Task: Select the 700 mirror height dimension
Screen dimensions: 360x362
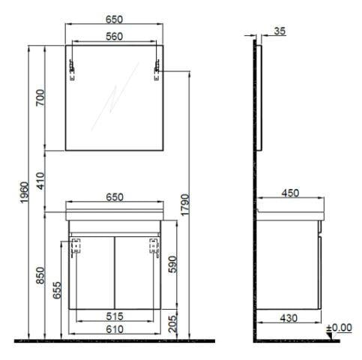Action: (40, 97)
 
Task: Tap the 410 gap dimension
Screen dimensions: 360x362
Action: (40, 181)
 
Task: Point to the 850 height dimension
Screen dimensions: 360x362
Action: (40, 278)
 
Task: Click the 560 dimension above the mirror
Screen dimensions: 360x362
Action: (114, 35)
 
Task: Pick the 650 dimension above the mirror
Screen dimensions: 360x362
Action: (114, 17)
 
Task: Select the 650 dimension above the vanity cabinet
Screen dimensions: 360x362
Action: (114, 197)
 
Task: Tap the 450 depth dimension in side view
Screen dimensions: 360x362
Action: (289, 193)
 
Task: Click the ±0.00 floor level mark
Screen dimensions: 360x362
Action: (340, 328)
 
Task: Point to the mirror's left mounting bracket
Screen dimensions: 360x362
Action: (73, 69)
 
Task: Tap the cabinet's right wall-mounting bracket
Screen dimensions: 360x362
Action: (156, 247)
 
